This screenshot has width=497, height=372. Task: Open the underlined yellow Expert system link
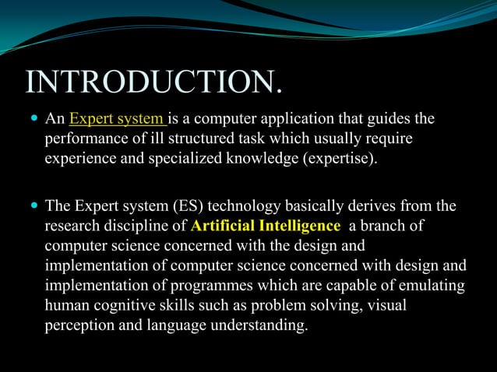coord(117,119)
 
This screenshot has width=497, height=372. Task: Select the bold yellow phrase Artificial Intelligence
coord(266,226)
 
